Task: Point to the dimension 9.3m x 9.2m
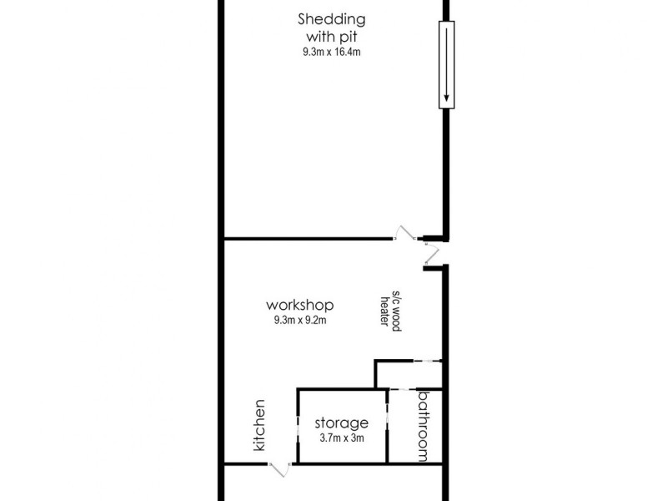(x=300, y=319)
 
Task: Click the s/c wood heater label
(x=391, y=311)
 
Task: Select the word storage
(x=342, y=423)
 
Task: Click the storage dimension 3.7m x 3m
(x=342, y=440)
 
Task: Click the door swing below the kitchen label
(x=280, y=469)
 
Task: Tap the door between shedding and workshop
(x=406, y=234)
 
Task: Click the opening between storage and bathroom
(x=388, y=426)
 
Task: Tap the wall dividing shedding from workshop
(x=308, y=240)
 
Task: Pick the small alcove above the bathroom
(x=409, y=374)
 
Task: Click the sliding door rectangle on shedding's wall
(x=448, y=65)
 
